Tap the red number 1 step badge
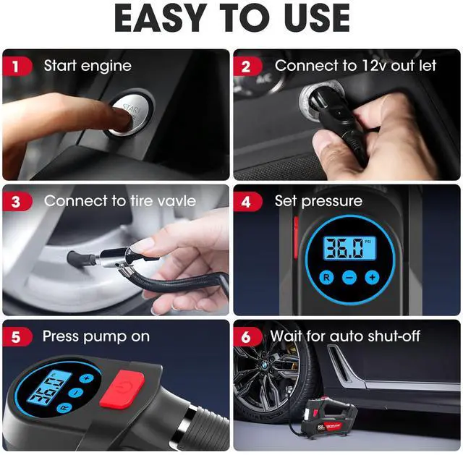pyautogui.click(x=16, y=67)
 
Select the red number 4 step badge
pyautogui.click(x=247, y=202)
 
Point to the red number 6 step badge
pyautogui.click(x=247, y=337)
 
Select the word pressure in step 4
pyautogui.click(x=331, y=202)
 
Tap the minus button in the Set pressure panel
pyautogui.click(x=349, y=278)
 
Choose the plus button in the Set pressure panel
pyautogui.click(x=372, y=277)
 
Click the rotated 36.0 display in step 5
pyautogui.click(x=49, y=388)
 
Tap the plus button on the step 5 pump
pyautogui.click(x=86, y=378)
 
